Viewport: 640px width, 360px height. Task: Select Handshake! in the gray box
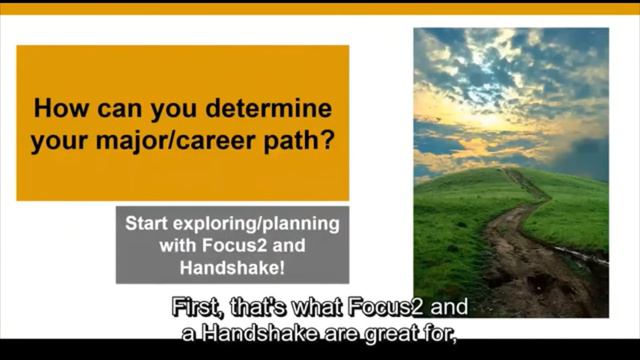(232, 267)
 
